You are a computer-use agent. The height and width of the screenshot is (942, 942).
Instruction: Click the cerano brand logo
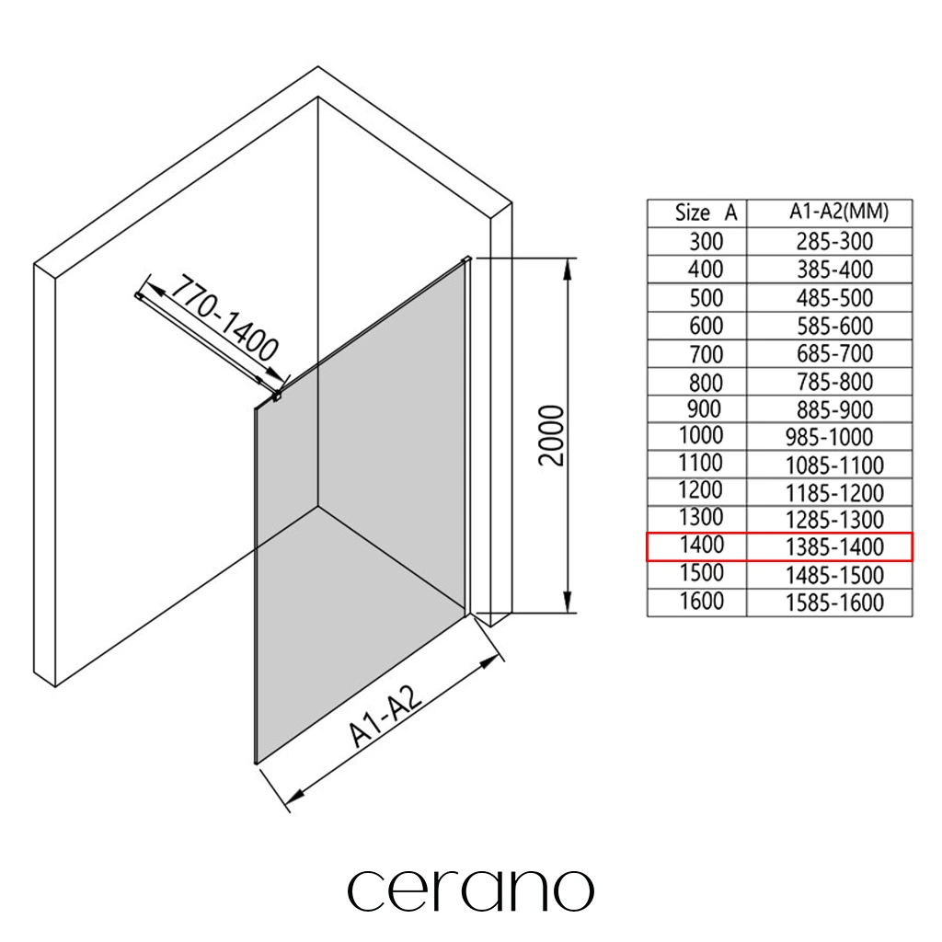point(470,890)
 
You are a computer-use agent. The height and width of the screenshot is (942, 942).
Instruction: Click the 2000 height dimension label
point(552,435)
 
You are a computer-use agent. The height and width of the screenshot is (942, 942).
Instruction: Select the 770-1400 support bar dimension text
point(224,317)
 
